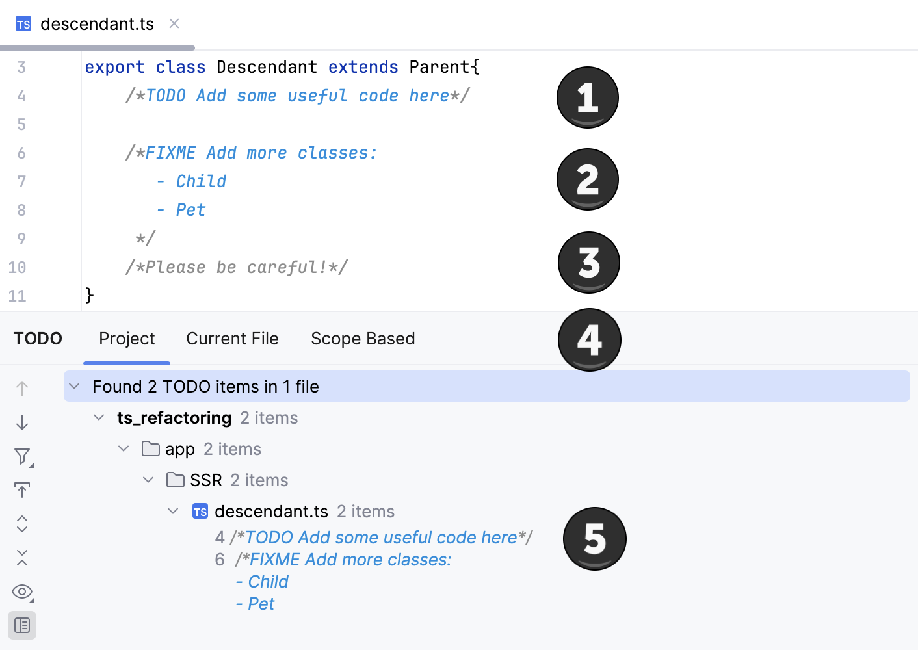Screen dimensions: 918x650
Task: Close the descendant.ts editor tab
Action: tap(174, 23)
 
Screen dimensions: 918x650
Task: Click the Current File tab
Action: tap(232, 339)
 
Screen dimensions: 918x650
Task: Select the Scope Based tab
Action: tap(363, 339)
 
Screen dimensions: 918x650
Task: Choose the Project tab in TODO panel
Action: tap(127, 339)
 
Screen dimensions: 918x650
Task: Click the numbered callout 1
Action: tap(588, 97)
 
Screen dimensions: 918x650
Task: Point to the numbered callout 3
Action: tap(589, 263)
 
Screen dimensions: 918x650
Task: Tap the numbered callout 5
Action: tap(595, 539)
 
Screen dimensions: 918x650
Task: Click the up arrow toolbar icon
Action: tap(22, 389)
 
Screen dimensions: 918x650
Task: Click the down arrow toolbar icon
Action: tap(22, 422)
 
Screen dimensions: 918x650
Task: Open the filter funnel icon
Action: tap(22, 456)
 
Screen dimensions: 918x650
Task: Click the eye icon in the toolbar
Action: tap(22, 591)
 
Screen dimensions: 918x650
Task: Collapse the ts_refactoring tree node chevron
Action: tap(99, 417)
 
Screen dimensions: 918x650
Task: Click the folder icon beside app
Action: tap(151, 448)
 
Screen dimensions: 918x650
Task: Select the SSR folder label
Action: tap(205, 480)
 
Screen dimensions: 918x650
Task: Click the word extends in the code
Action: tap(363, 67)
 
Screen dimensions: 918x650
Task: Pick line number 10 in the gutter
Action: tap(17, 267)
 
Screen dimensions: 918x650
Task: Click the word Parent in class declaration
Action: tap(439, 67)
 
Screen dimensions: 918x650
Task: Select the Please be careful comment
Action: tap(237, 267)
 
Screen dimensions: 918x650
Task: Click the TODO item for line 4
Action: tap(381, 538)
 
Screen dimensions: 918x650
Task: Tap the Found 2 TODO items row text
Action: tap(205, 387)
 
